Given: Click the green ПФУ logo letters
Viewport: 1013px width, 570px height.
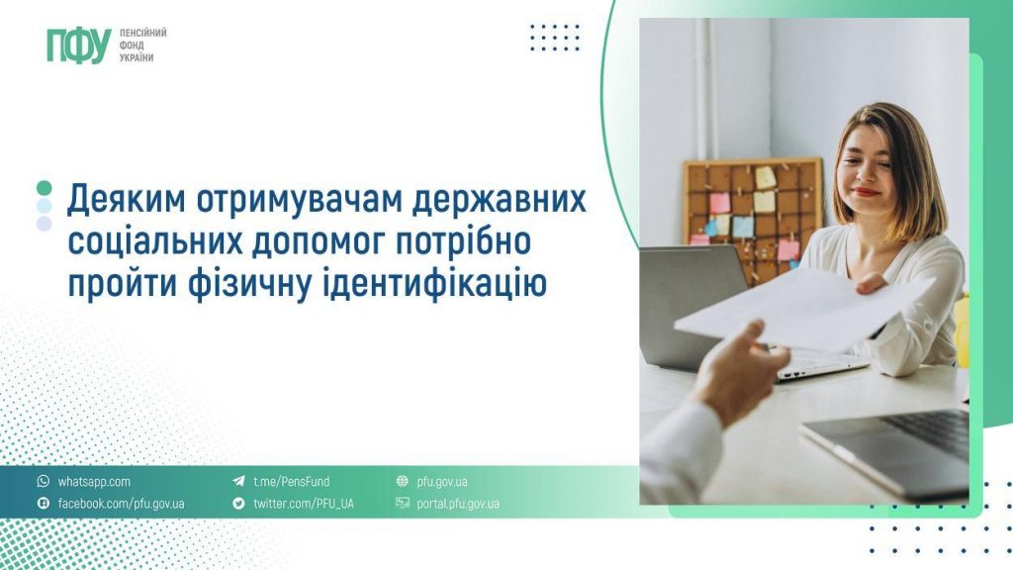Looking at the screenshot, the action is pyautogui.click(x=79, y=46).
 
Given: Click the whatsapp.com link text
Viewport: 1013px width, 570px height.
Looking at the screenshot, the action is pyautogui.click(x=94, y=482).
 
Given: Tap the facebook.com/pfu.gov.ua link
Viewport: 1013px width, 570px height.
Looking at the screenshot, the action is pyautogui.click(x=121, y=504).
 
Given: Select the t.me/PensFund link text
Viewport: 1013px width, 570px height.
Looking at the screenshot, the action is pyautogui.click(x=291, y=482).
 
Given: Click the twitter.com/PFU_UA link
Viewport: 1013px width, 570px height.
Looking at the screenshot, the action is pyautogui.click(x=303, y=504).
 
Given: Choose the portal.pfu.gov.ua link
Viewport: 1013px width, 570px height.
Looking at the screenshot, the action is pyautogui.click(x=457, y=504).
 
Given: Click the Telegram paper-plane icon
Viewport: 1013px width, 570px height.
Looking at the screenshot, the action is pyautogui.click(x=238, y=482).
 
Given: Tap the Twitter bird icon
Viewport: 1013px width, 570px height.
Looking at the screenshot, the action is pyautogui.click(x=238, y=503).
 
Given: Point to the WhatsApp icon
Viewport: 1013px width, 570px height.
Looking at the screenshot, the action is pyautogui.click(x=44, y=481).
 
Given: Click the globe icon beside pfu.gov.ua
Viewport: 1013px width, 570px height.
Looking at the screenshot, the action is pyautogui.click(x=402, y=481).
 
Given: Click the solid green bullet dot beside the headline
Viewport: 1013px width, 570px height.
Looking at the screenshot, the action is pyautogui.click(x=44, y=188).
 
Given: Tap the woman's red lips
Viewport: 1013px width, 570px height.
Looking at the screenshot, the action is pyautogui.click(x=865, y=191).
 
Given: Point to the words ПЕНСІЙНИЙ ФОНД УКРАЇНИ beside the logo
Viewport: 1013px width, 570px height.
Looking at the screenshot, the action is pyautogui.click(x=142, y=46).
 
